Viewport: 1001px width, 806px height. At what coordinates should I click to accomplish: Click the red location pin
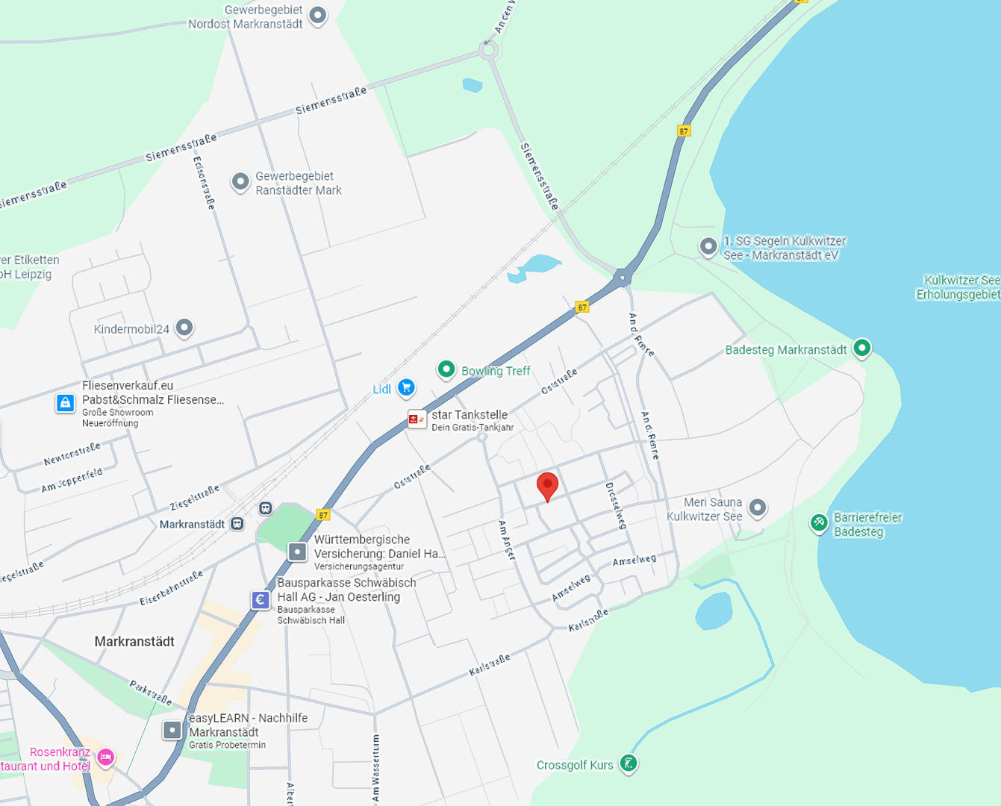coord(547,485)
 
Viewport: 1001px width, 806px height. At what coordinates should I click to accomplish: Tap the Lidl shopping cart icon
coord(406,387)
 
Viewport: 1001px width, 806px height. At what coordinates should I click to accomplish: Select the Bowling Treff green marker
coord(446,369)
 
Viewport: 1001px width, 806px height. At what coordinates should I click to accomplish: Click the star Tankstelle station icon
coord(417,419)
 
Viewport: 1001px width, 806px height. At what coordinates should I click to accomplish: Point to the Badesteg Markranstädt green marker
coord(862,348)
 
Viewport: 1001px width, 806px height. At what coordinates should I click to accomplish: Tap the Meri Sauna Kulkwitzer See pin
coord(758,508)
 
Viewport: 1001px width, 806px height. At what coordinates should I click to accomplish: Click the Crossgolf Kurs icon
coord(629,763)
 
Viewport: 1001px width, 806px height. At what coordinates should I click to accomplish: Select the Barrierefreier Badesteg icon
coord(819,522)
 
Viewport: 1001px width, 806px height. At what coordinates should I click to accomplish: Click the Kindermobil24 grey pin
coord(184,327)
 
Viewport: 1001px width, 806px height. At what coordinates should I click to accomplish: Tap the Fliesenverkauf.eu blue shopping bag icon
coord(66,403)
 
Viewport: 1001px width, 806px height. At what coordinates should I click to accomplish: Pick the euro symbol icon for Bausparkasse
coord(260,599)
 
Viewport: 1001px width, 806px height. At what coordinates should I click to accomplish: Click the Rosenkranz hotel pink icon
coord(105,757)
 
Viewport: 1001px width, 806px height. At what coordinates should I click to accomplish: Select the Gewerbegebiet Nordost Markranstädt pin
coord(318,14)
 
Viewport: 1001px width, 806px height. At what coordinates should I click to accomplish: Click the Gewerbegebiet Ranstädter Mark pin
coord(240,181)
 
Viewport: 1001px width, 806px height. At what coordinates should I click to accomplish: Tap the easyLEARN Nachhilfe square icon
coord(172,730)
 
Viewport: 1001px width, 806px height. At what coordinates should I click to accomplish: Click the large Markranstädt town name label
coord(134,641)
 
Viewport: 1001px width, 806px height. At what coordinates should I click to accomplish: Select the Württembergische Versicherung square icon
coord(297,552)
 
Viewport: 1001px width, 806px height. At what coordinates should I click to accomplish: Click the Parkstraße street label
coord(151,693)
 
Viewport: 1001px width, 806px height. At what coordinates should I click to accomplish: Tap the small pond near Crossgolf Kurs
coord(714,611)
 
